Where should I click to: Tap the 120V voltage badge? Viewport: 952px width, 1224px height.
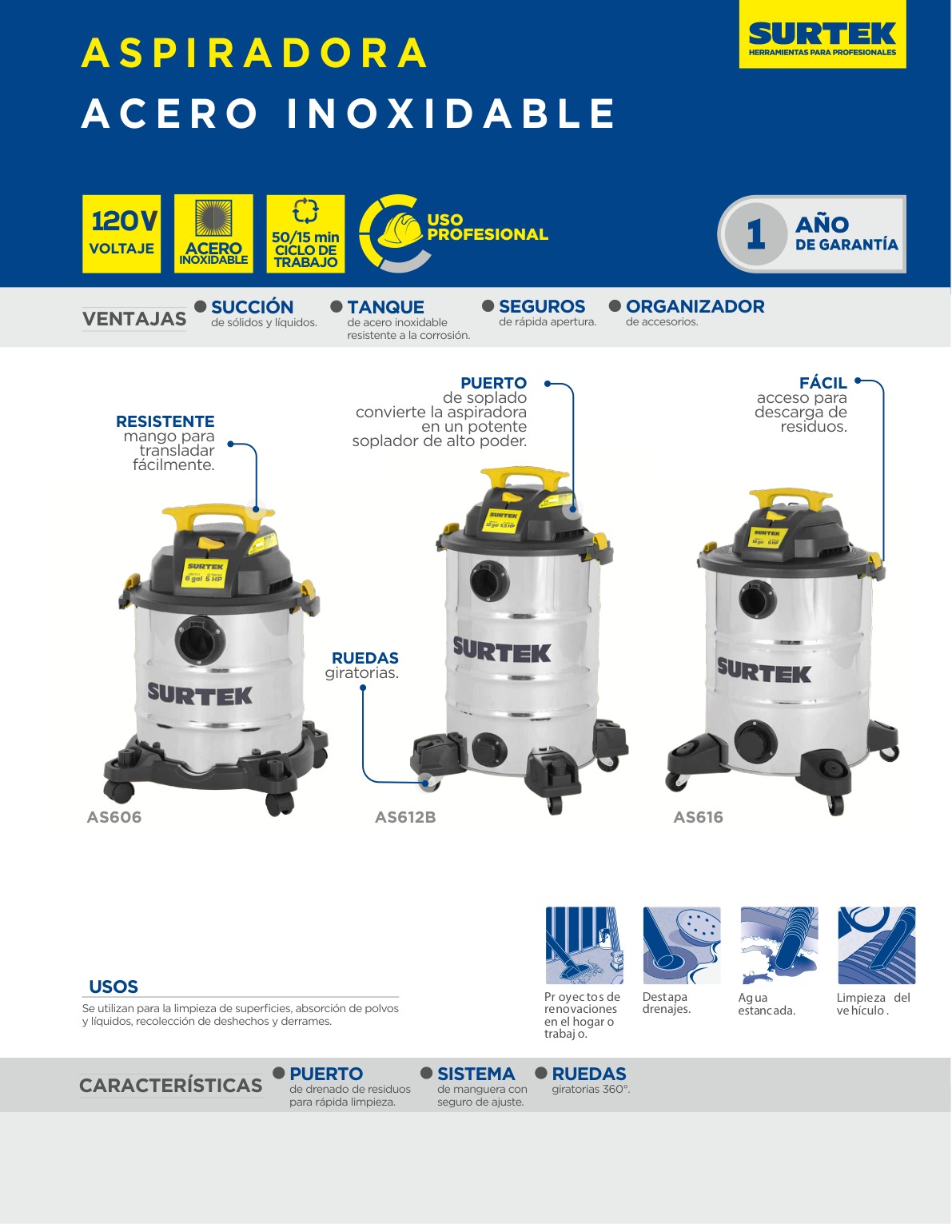click(121, 233)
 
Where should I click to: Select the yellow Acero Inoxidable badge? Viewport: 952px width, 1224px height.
click(213, 233)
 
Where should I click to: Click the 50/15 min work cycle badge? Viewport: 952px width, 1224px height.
click(305, 233)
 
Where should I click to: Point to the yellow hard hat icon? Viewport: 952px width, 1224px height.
click(399, 229)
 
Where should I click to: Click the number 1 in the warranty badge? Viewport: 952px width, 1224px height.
click(755, 234)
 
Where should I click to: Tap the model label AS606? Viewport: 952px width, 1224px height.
click(114, 817)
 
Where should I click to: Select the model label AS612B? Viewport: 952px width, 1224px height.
click(405, 817)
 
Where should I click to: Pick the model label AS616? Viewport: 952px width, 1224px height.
click(698, 817)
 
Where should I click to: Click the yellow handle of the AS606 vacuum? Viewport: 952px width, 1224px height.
click(217, 514)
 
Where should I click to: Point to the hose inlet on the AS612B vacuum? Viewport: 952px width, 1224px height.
click(489, 580)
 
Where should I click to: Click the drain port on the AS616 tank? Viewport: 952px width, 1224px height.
click(755, 740)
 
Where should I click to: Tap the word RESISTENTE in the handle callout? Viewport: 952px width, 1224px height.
click(165, 421)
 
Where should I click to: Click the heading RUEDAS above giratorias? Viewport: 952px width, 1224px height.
click(364, 658)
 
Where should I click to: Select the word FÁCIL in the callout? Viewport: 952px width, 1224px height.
click(823, 383)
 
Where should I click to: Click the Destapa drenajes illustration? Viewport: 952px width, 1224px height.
click(682, 945)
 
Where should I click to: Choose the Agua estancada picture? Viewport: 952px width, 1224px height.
click(779, 945)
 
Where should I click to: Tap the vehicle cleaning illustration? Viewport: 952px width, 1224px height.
click(877, 945)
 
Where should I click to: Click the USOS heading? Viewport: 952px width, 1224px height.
click(114, 987)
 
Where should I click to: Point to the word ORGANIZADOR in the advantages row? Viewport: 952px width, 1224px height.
click(695, 306)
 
